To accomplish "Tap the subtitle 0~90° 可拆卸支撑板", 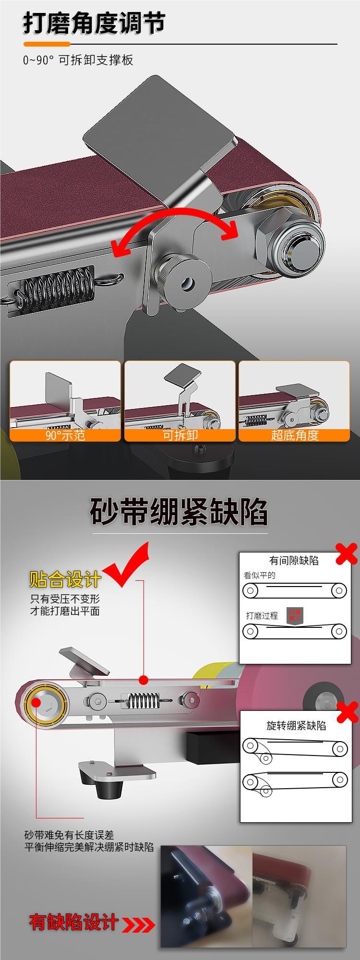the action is pyautogui.click(x=78, y=60).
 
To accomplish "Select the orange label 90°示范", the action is pyautogui.click(x=65, y=435).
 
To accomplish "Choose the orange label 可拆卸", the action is pyautogui.click(x=180, y=435).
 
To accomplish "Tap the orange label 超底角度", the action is pyautogui.click(x=294, y=435).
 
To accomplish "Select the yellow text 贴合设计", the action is pyautogui.click(x=65, y=579).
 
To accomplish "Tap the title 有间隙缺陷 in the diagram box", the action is pyautogui.click(x=294, y=560).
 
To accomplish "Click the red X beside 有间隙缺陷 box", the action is pyautogui.click(x=347, y=554).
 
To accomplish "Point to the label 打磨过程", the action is pyautogui.click(x=262, y=616).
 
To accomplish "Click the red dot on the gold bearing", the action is pyautogui.click(x=36, y=703).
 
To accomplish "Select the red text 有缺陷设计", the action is pyautogui.click(x=73, y=922).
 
